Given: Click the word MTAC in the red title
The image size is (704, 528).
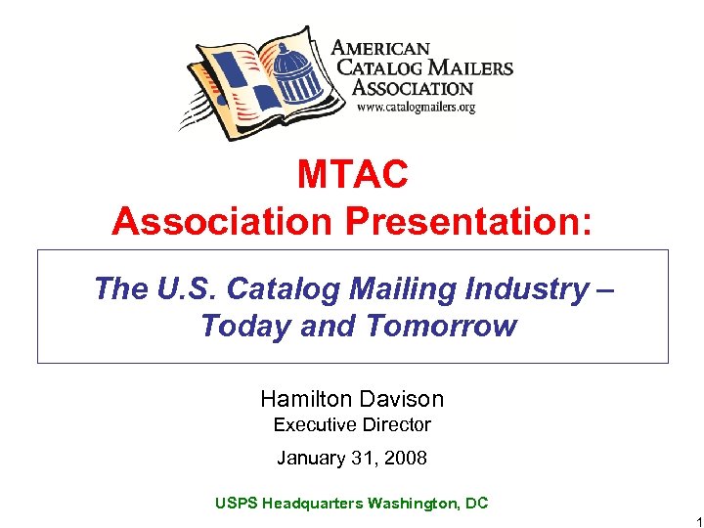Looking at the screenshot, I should (x=352, y=175).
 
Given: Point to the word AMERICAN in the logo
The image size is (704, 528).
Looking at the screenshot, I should (x=380, y=47).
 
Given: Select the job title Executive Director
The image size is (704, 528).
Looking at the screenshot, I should (x=352, y=424).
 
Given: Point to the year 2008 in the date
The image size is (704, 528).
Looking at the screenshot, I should (x=406, y=458).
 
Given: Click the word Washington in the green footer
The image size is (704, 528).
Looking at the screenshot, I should (x=409, y=503).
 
